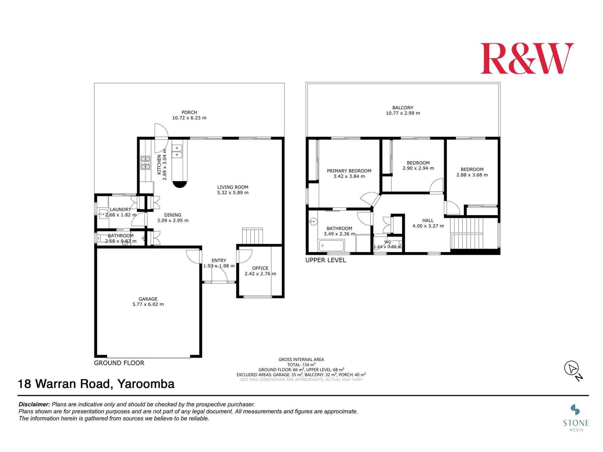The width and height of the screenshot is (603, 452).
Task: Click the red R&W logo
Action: tap(527, 58)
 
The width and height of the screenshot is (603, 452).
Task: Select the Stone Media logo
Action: tap(576, 418)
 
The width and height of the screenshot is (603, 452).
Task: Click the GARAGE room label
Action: tap(148, 299)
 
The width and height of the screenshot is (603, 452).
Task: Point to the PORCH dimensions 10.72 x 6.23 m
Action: tap(189, 118)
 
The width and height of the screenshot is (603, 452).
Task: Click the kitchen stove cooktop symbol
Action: tap(145, 163)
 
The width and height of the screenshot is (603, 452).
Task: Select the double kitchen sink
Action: tap(177, 151)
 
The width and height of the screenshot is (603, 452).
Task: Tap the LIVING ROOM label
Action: tap(233, 187)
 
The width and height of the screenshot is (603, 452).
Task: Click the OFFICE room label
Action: tap(260, 268)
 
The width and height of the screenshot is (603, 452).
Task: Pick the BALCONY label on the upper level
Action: tap(403, 108)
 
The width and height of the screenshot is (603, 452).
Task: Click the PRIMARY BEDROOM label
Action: tap(349, 171)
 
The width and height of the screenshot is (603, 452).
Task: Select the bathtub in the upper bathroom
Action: tap(331, 246)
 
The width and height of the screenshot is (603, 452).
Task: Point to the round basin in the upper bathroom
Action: tap(313, 222)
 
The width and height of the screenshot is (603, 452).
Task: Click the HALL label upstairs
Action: tap(428, 221)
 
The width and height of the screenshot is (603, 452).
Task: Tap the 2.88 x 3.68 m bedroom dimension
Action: tap(472, 175)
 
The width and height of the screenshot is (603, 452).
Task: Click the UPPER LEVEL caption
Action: tap(326, 260)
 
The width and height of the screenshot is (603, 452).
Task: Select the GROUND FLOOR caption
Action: tap(119, 363)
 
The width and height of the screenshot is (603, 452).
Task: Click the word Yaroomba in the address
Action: tap(146, 384)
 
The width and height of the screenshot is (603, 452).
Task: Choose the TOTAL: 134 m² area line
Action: tap(301, 365)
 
